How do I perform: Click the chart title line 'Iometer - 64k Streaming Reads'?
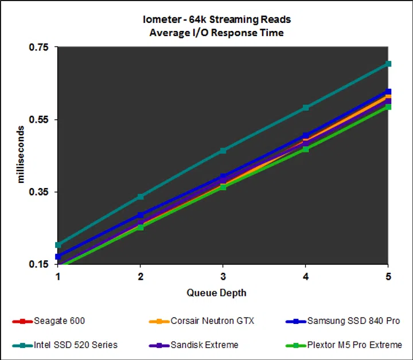point(216,20)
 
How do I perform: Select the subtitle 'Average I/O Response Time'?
point(216,33)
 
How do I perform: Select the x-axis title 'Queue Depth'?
point(216,293)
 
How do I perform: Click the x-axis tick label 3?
point(223,276)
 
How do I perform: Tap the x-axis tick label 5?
point(388,276)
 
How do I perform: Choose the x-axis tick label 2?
point(141,276)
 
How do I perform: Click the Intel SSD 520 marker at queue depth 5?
point(388,64)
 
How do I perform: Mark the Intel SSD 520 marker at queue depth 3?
point(223,151)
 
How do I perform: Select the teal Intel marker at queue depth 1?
point(58,245)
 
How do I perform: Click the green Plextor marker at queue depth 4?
point(306,149)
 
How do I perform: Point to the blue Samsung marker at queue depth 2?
point(141,215)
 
